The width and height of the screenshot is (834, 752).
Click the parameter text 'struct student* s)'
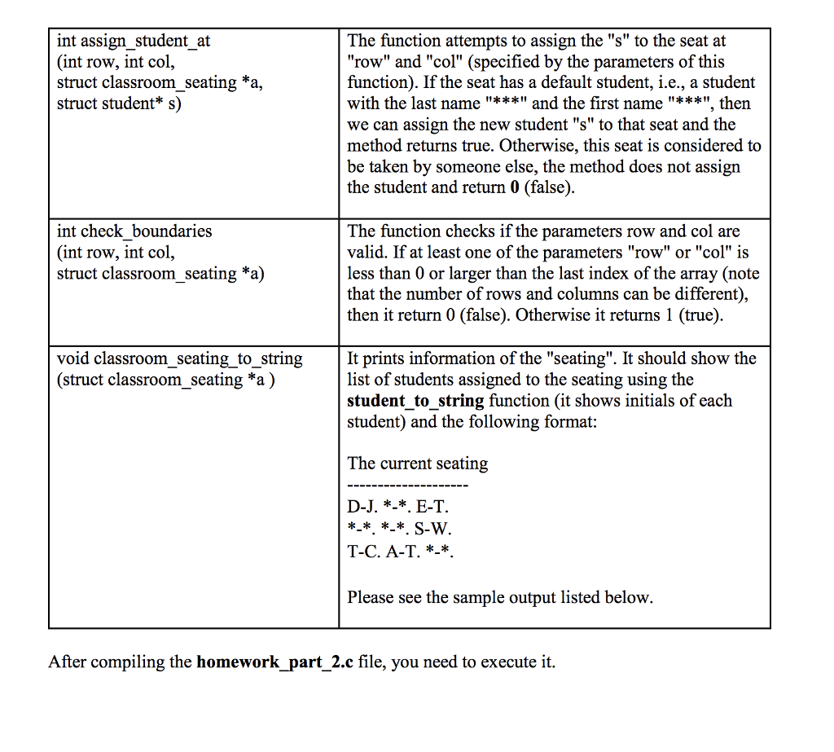119,103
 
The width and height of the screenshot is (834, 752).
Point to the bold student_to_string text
415,401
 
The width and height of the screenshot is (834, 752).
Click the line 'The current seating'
417,464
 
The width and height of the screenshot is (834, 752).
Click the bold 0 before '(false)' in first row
514,188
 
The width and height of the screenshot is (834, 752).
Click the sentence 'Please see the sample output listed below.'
500,598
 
